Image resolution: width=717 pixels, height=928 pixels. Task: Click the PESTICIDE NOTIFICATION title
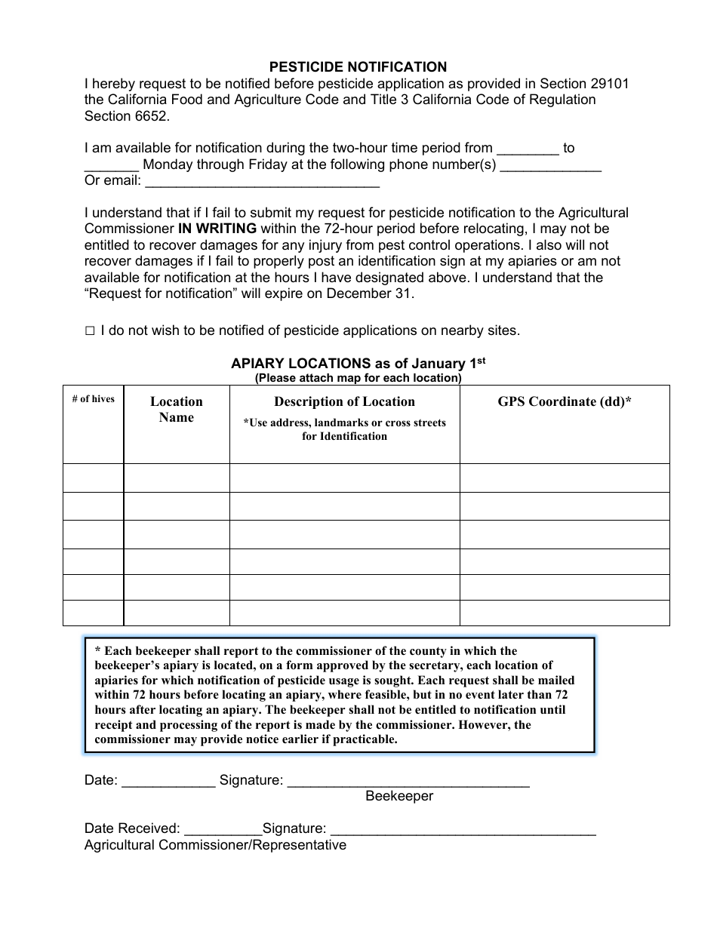click(x=358, y=67)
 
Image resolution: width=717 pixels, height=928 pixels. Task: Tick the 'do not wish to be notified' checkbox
click(x=90, y=330)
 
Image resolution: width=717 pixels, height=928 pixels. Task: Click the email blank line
click(x=261, y=181)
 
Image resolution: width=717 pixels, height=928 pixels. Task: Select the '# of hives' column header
click(x=93, y=399)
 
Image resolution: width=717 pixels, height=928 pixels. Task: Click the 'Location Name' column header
click(x=176, y=410)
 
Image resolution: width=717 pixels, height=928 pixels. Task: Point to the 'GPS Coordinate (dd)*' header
click(x=564, y=401)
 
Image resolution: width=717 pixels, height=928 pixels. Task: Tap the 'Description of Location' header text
click(x=344, y=401)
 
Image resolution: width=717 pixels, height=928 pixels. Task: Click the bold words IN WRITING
click(x=217, y=229)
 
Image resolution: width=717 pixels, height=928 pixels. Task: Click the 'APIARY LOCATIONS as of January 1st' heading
click(x=358, y=363)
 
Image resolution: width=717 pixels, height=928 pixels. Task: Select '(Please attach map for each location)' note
click(x=358, y=378)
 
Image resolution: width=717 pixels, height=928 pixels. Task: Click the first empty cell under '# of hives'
click(x=93, y=478)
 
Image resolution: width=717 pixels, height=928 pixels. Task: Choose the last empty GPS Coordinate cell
click(x=564, y=613)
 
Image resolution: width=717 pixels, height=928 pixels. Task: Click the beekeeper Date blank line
click(x=168, y=781)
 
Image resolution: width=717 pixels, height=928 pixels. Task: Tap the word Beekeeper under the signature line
click(x=399, y=796)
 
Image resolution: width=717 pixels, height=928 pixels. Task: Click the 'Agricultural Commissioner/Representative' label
click(x=215, y=845)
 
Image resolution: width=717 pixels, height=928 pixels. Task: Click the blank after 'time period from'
click(x=528, y=149)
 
